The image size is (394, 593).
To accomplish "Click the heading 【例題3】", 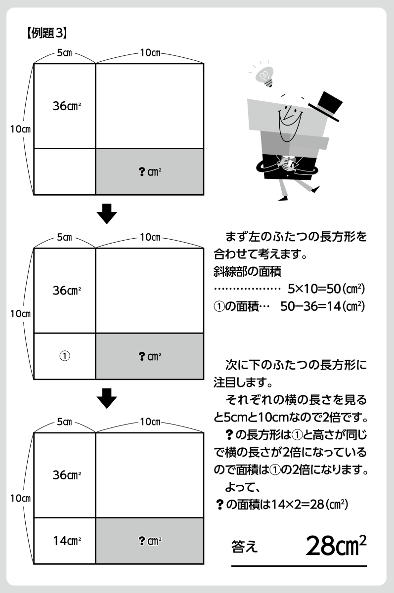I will coord(45,34).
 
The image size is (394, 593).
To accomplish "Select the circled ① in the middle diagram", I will coord(64,356).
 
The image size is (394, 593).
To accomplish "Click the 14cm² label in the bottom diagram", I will coord(67,541).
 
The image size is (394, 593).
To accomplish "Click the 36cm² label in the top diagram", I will coord(67,106).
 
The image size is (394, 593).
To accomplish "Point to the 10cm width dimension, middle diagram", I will coord(150,238).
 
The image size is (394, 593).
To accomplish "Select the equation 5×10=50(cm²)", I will coord(326,288).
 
